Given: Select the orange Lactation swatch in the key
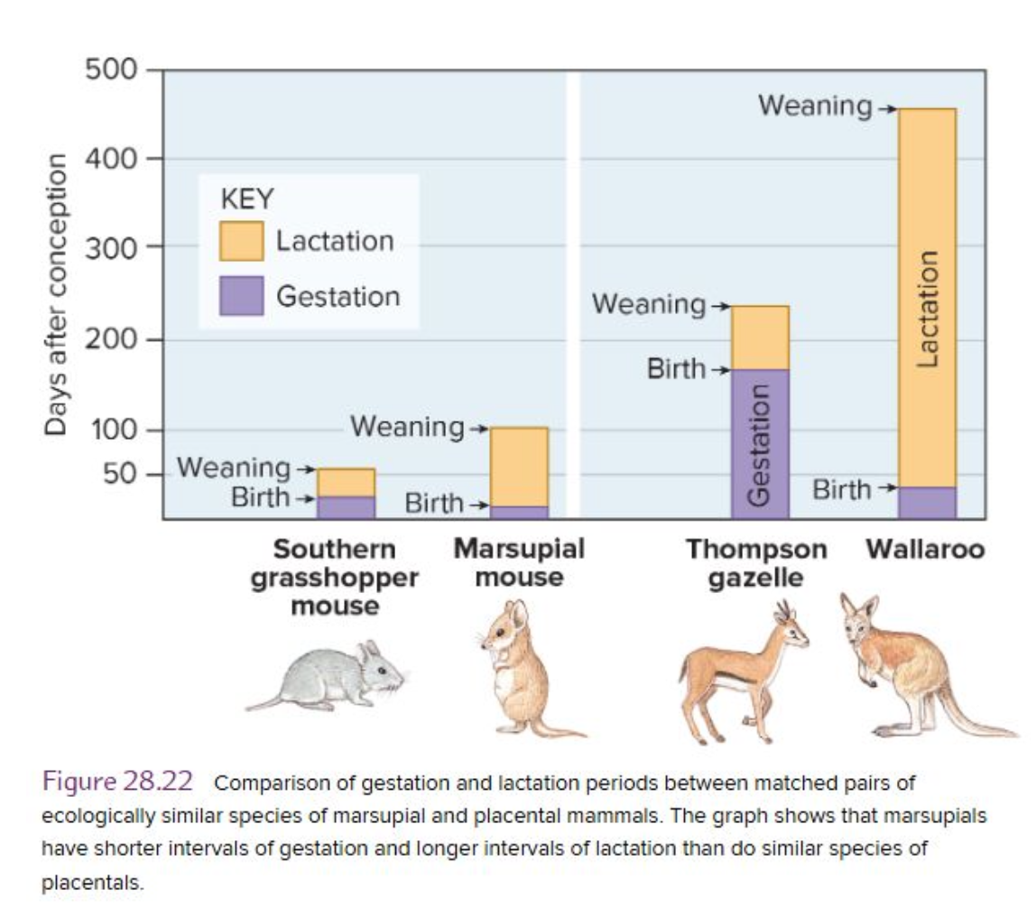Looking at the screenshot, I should (241, 241).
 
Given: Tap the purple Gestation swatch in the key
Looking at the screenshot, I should (241, 296).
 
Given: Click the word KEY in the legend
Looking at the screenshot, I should (247, 198).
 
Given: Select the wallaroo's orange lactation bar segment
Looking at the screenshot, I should (927, 298).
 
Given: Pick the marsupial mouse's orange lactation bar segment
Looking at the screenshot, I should (519, 466).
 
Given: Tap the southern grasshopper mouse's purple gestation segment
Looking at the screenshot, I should (346, 507).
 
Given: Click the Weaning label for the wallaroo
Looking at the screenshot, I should (815, 107).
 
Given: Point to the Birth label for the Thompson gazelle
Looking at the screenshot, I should (676, 369).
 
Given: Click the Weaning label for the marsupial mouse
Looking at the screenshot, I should (407, 425).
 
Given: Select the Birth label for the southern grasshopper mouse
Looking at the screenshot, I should (261, 497).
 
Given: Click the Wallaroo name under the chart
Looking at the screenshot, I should (925, 550).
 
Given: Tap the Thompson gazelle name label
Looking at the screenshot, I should (756, 563).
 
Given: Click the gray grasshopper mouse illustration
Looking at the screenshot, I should (334, 677).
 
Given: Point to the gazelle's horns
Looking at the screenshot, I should (784, 616).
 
